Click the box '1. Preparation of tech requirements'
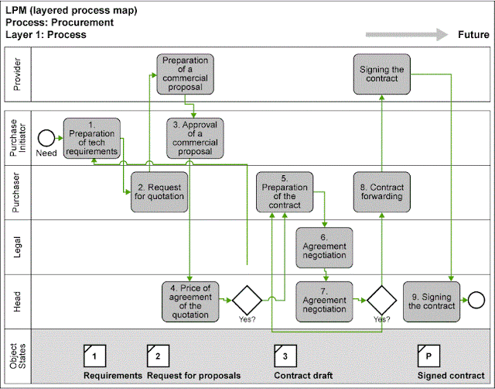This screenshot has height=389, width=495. click(x=92, y=139)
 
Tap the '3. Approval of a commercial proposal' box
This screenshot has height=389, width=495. click(x=190, y=137)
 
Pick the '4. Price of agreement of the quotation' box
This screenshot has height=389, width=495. click(x=189, y=300)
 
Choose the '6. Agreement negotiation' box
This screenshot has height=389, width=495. click(x=324, y=247)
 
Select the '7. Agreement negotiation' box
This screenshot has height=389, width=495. click(x=324, y=300)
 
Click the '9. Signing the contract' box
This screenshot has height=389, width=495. click(x=431, y=300)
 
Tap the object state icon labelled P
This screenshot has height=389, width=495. click(x=427, y=356)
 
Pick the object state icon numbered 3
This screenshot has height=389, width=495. click(x=285, y=356)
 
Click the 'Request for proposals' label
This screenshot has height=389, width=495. click(x=194, y=376)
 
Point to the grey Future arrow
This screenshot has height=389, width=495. click(x=407, y=34)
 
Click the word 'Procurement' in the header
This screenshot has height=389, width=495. click(x=86, y=22)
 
